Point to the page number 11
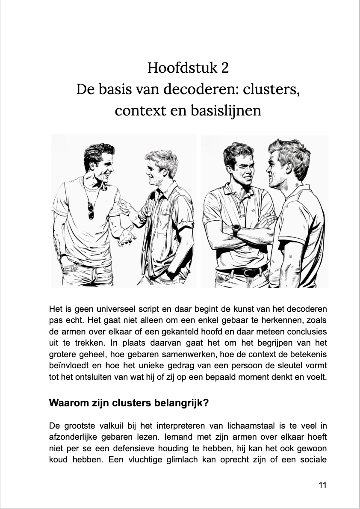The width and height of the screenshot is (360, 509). (x=323, y=485)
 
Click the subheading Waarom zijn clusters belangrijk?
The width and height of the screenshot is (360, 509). (x=129, y=403)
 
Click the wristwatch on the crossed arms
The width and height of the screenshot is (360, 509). (x=236, y=229)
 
